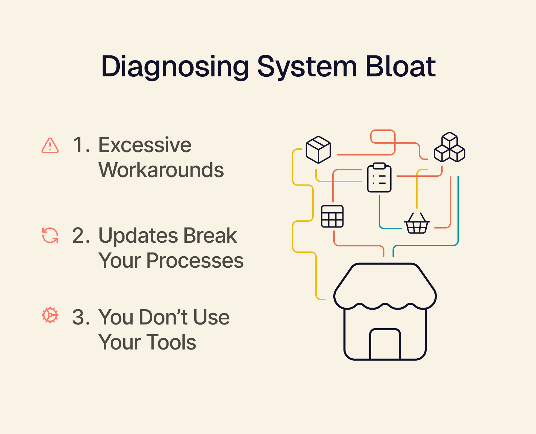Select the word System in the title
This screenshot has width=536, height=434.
[307, 67]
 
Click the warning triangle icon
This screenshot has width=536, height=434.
[50, 146]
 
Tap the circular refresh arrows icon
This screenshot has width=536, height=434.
[50, 235]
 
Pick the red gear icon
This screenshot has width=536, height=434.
[50, 315]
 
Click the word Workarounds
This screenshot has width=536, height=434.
[161, 170]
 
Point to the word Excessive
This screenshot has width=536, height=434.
[145, 145]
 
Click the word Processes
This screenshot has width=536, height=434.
[195, 261]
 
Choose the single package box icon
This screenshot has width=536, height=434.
[318, 149]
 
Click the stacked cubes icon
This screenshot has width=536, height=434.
[449, 148]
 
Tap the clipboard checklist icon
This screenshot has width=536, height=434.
[379, 178]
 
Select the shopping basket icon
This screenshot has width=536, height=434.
[417, 223]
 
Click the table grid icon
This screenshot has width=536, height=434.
[332, 216]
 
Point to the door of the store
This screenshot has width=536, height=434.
[385, 344]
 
